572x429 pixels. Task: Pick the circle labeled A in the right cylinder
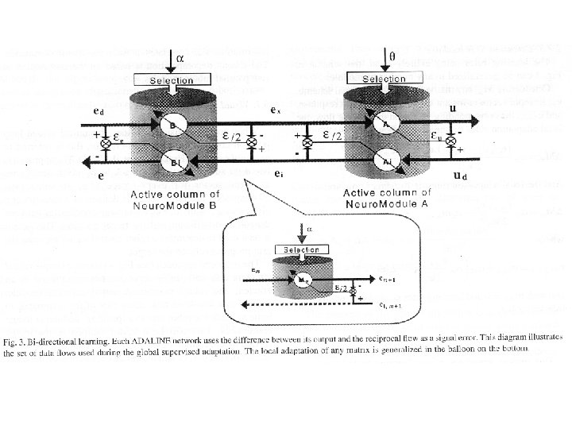[x=387, y=124]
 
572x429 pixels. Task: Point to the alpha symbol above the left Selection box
[x=179, y=58]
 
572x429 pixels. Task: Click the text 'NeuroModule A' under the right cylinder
[x=386, y=203]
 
